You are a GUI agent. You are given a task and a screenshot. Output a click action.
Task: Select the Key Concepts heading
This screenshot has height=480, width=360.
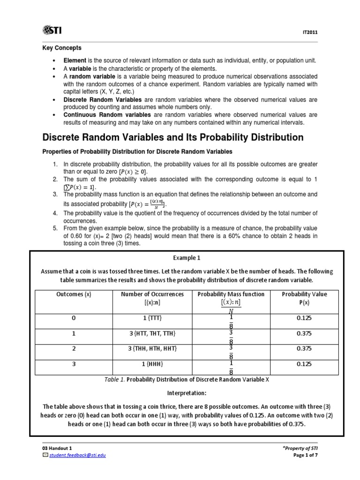click(62, 48)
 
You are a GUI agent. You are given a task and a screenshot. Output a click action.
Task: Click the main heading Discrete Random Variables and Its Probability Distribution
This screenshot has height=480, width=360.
click(173, 137)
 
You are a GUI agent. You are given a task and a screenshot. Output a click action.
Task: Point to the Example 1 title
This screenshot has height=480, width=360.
click(180, 258)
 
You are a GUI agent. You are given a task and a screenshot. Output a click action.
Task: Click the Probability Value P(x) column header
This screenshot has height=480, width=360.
click(305, 298)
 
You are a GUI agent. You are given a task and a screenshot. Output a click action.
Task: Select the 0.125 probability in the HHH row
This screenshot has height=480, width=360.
click(305, 364)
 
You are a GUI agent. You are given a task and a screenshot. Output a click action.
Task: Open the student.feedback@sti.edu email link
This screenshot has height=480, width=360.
click(75, 456)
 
